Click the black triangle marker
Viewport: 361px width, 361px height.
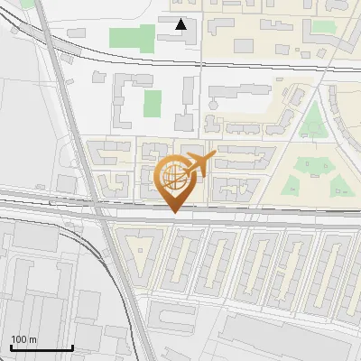click(181, 24)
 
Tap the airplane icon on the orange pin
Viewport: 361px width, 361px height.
click(199, 164)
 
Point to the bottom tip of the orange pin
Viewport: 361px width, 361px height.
click(174, 213)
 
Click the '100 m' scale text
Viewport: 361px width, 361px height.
click(23, 339)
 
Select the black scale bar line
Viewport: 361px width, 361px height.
click(42, 347)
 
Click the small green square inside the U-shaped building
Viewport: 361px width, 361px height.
click(153, 103)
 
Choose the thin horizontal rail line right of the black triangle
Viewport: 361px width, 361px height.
click(271, 62)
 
